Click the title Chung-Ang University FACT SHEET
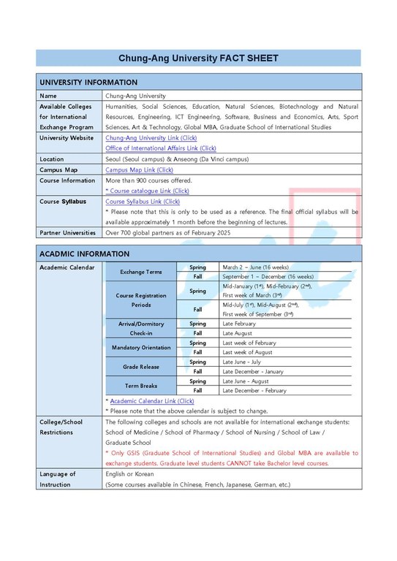coord(198,58)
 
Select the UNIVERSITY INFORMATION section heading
coord(88,83)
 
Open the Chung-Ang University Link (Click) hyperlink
coord(151,137)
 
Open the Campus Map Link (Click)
coord(140,169)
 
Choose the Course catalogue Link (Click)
coord(148,191)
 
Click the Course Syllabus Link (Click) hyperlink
coord(143,201)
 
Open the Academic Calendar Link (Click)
coord(151,401)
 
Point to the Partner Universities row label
coord(67,232)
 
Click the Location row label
coord(52,159)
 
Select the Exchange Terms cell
coord(141,272)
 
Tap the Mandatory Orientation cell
coord(141,347)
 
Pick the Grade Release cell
coord(141,366)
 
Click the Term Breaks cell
coord(141,385)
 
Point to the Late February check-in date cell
coord(239,324)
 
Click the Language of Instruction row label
coord(57,479)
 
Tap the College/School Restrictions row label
coord(61,427)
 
